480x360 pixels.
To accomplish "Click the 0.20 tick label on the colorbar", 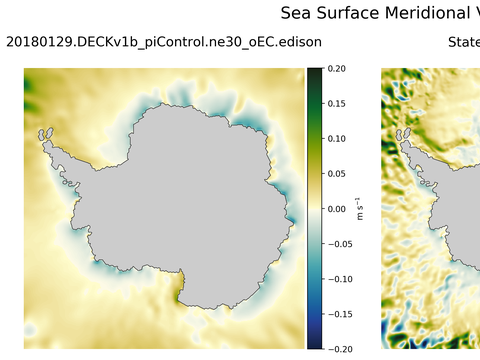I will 337,69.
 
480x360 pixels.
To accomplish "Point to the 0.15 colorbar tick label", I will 337,104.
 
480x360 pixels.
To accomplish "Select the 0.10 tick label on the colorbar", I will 337,139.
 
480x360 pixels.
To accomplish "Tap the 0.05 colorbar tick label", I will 337,174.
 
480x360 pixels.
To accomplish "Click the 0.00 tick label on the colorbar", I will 337,209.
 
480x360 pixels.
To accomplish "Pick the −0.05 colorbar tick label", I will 339,244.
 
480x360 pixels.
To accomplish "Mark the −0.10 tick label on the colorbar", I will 339,279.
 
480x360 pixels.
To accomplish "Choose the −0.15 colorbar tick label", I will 339,314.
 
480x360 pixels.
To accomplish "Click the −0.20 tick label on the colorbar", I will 339,348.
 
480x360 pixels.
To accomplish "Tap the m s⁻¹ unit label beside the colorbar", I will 361,209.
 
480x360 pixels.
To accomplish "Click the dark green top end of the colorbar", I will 314,71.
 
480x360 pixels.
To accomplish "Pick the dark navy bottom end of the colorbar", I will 314,345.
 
